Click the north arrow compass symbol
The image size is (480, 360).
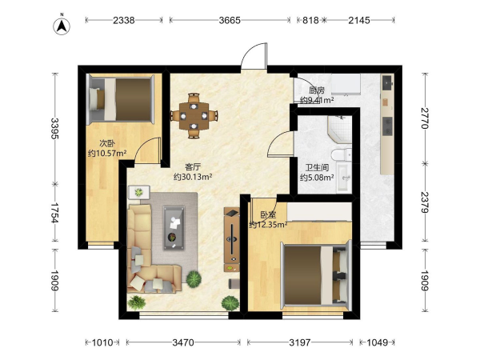tap(62, 26)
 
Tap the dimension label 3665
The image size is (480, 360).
tap(230, 20)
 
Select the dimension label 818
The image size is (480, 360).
tap(310, 20)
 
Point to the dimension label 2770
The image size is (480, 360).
tap(425, 118)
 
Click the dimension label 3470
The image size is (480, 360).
tap(183, 342)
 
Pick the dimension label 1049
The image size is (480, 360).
tap(377, 342)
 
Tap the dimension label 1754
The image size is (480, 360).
tap(55, 213)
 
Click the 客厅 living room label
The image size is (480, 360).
tap(193, 167)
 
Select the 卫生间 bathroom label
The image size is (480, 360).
tap(317, 168)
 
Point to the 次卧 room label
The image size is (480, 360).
tap(107, 143)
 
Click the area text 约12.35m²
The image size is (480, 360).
tap(269, 225)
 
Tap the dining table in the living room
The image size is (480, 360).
tap(194, 116)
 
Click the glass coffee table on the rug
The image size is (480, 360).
tap(174, 227)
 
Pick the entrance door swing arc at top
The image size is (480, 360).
tap(254, 55)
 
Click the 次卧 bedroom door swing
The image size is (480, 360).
tap(147, 150)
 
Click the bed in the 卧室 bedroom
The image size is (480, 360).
tap(316, 275)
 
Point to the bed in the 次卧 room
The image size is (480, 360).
tap(122, 99)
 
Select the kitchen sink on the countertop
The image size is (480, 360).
tap(388, 82)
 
